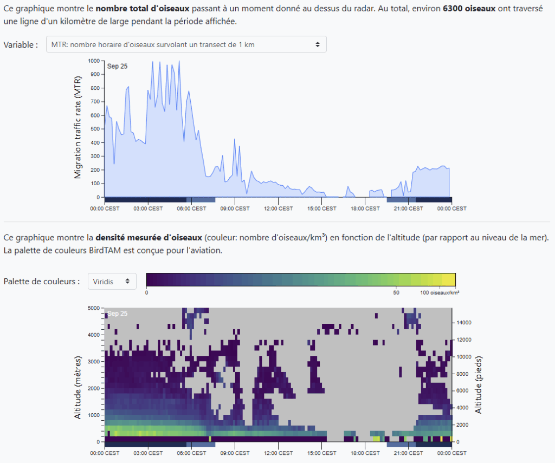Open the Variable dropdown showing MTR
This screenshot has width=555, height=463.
click(x=186, y=44)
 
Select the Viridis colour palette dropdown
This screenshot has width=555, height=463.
click(x=112, y=281)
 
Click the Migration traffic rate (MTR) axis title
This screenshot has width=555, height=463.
click(x=78, y=130)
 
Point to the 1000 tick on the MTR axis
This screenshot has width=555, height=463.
click(x=94, y=61)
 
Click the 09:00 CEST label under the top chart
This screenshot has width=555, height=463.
click(x=235, y=208)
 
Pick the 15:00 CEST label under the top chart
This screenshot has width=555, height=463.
click(x=322, y=208)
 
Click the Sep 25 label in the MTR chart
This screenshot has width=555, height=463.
click(x=117, y=67)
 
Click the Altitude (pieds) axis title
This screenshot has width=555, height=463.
click(x=479, y=386)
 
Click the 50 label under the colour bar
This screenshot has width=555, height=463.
click(x=396, y=292)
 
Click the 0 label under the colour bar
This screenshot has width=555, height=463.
click(x=147, y=292)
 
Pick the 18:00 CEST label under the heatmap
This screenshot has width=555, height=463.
click(x=365, y=453)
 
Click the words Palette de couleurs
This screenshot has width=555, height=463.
click(x=42, y=281)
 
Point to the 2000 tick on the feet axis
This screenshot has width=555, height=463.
click(x=461, y=425)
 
